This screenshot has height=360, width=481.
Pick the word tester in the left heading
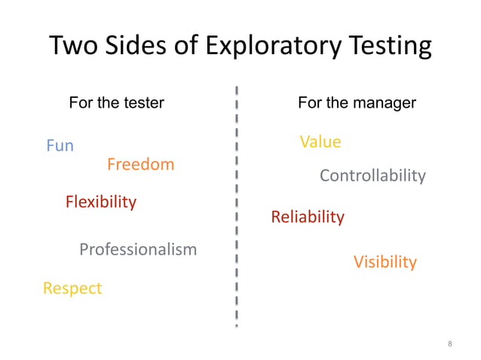(x=142, y=102)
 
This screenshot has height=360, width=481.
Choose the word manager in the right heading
(x=383, y=102)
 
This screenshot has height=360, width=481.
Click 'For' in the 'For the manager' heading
(x=310, y=102)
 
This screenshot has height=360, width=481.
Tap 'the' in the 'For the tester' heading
(x=109, y=102)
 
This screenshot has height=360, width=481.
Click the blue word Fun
(x=60, y=145)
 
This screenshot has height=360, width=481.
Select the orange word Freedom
(x=140, y=164)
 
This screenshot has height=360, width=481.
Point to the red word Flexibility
(x=101, y=202)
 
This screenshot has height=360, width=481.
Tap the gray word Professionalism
(x=138, y=249)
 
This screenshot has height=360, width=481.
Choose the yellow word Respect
(x=72, y=288)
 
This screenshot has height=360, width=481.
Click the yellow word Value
(x=320, y=142)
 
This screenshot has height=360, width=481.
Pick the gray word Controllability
(x=372, y=176)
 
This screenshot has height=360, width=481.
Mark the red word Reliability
(x=308, y=218)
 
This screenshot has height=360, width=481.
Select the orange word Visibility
(x=385, y=262)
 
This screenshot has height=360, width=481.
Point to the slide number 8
(x=450, y=344)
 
